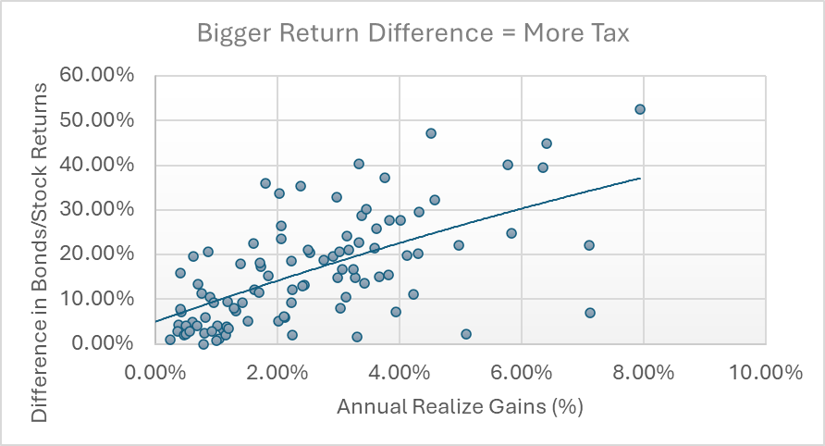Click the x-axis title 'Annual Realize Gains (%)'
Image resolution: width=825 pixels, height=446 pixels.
(460, 407)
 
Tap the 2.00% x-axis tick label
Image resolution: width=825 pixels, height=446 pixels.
(278, 373)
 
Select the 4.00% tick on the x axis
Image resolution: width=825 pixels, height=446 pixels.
(400, 373)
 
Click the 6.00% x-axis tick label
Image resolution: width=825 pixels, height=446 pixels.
(522, 373)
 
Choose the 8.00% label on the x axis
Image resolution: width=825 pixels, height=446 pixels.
(644, 373)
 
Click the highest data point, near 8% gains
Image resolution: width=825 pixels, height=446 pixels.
(639, 109)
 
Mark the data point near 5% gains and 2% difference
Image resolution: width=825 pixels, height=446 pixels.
(466, 334)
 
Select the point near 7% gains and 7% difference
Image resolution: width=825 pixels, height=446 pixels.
(590, 313)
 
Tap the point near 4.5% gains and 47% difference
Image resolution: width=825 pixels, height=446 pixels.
(431, 133)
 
